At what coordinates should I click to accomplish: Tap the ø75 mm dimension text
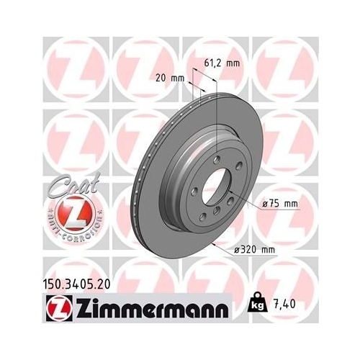[x=280, y=204]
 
